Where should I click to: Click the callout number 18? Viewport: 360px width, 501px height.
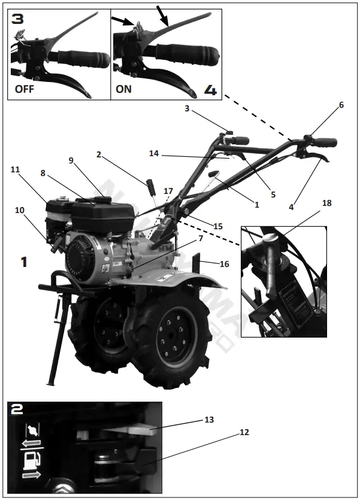(326, 204)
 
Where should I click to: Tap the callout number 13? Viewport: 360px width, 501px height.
(209, 420)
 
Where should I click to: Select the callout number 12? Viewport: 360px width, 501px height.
(244, 432)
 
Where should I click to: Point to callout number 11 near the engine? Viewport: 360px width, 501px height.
(15, 170)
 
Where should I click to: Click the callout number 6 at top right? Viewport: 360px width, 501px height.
(341, 105)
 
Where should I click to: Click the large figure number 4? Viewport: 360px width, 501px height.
(210, 90)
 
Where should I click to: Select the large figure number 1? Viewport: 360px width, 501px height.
(24, 262)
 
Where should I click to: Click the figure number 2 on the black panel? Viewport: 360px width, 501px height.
(18, 410)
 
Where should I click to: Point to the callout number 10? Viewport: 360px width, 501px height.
(19, 210)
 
